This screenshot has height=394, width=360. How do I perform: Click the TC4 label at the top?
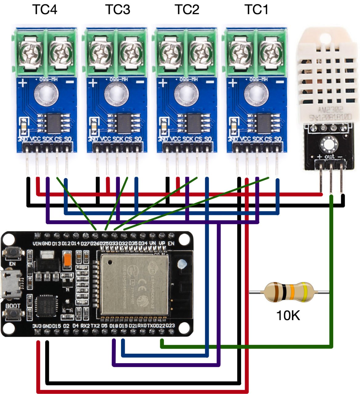click(x=45, y=10)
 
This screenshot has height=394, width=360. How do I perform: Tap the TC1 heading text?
click(x=256, y=10)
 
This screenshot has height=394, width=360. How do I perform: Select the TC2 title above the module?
click(x=187, y=10)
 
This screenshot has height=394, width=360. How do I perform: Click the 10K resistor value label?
click(x=288, y=316)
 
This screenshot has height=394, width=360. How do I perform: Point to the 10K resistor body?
click(x=289, y=292)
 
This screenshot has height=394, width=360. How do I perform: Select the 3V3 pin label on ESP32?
click(x=37, y=326)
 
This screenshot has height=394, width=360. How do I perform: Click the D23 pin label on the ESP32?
click(x=170, y=326)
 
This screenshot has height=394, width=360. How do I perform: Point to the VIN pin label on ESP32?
click(x=37, y=243)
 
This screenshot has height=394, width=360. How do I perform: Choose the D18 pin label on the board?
click(x=114, y=326)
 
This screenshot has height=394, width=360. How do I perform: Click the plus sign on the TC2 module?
click(x=163, y=83)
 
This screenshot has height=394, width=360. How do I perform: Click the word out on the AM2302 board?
click(x=330, y=156)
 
